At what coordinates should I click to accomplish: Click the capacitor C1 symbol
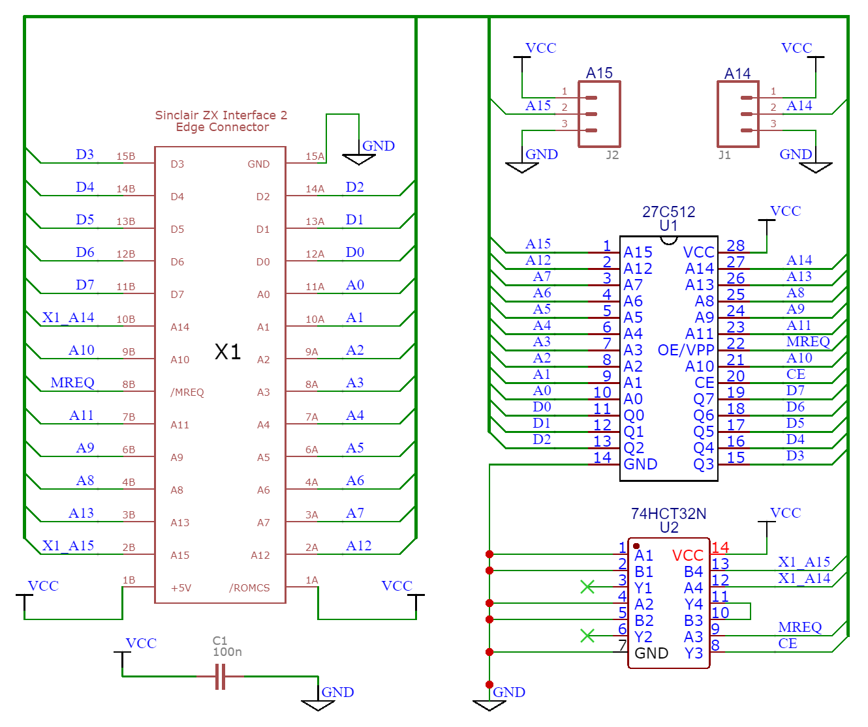point(220,676)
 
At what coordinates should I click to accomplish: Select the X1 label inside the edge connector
point(228,352)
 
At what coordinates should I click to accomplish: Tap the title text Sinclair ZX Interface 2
point(221,115)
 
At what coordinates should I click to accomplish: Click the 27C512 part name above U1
point(668,212)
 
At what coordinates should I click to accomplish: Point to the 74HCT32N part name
point(668,514)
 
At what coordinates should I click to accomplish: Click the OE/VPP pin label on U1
point(685,350)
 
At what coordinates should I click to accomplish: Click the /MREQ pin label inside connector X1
point(187,393)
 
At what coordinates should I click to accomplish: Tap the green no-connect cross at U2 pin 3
point(587,587)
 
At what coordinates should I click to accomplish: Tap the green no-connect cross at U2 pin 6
point(587,635)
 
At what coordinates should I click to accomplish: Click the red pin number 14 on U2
point(721,548)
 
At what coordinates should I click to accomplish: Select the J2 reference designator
point(612,155)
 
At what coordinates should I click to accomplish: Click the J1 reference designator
point(724,155)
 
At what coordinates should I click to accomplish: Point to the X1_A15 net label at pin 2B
point(69,546)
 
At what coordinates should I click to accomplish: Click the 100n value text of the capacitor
point(227,652)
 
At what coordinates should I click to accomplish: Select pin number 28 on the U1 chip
point(736,246)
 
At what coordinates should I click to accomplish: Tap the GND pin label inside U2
point(651,653)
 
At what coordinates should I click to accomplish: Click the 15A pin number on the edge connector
point(315,156)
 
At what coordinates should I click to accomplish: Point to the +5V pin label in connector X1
point(181,588)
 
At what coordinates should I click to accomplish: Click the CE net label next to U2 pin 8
point(788,644)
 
